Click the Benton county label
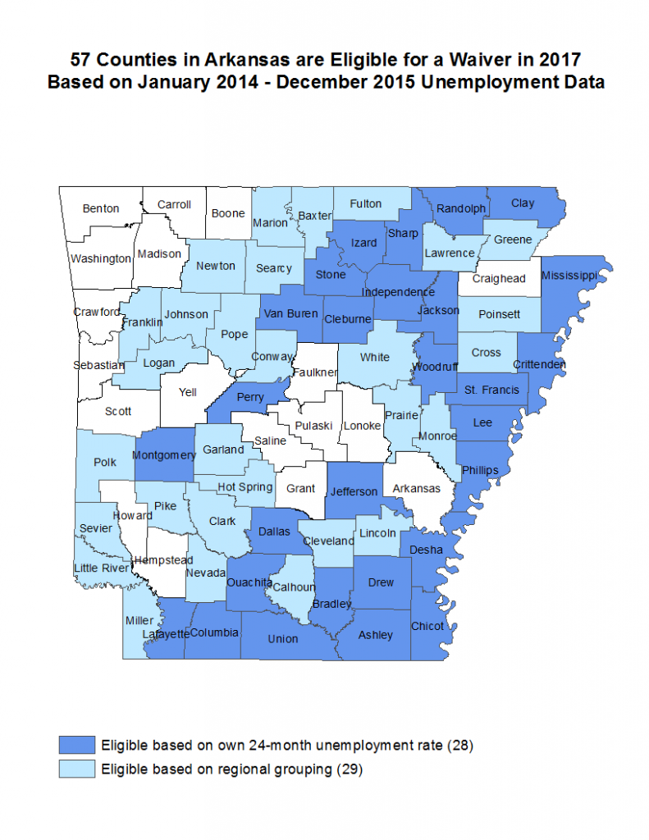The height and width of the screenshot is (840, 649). [101, 208]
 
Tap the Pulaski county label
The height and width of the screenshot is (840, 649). [314, 425]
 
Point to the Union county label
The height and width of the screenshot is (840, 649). [283, 638]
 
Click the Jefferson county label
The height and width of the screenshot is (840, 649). [354, 491]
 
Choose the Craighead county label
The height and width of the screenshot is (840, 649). [499, 278]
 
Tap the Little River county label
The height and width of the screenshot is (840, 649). [102, 568]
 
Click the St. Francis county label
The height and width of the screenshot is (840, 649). [491, 389]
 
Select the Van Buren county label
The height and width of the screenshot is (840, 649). [290, 313]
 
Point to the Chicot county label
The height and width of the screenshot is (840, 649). [427, 626]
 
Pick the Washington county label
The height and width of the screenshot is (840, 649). [100, 258]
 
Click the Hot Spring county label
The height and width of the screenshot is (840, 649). [245, 486]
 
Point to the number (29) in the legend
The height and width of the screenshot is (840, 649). [350, 769]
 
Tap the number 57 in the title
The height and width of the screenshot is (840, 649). [81, 60]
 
